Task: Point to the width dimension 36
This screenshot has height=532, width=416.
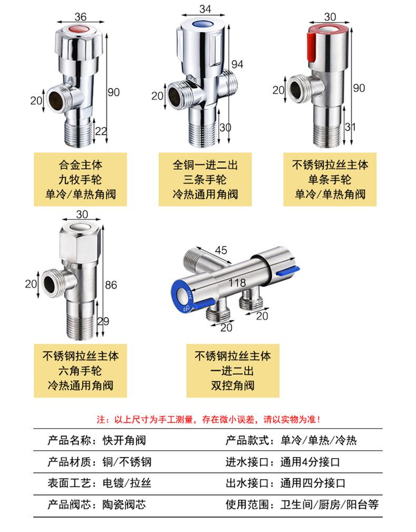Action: click(x=81, y=16)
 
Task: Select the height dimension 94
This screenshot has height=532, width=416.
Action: click(x=237, y=64)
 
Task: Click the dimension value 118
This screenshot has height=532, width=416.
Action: click(x=237, y=282)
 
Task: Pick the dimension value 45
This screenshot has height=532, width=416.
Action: click(x=221, y=250)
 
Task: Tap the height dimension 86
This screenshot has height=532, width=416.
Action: click(x=111, y=284)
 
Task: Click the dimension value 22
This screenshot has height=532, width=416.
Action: click(x=101, y=131)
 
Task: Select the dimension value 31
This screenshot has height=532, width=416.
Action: click(x=350, y=127)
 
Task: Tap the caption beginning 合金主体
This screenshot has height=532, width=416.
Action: click(x=81, y=180)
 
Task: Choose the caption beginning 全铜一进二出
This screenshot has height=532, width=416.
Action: click(x=205, y=180)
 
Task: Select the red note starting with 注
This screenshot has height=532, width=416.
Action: click(x=209, y=420)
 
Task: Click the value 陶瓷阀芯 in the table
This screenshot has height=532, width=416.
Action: click(x=124, y=505)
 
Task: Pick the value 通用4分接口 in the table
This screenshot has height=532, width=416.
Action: click(x=310, y=462)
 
